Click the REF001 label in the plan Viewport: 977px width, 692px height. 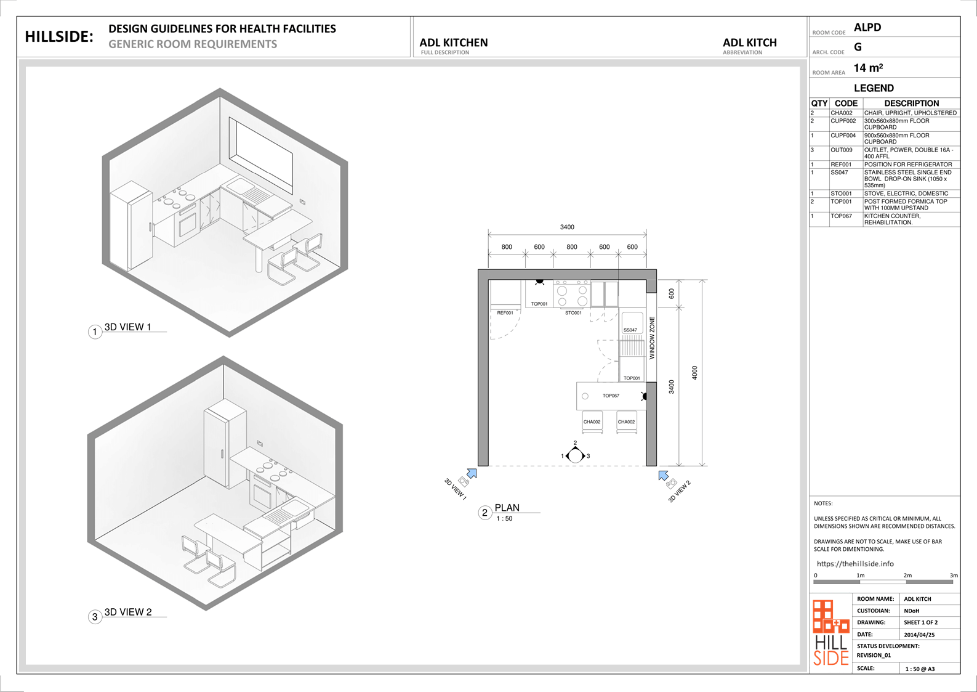[x=505, y=313]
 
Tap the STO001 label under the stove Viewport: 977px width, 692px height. [x=573, y=313]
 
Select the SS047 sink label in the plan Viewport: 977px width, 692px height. [x=630, y=330]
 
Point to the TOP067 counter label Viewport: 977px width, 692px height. [x=611, y=396]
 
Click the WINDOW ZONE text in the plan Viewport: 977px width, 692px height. [x=652, y=338]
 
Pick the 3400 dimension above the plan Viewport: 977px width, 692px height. [x=567, y=227]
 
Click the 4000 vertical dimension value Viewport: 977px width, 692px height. [x=694, y=372]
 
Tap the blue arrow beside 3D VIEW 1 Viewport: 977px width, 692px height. [x=472, y=473]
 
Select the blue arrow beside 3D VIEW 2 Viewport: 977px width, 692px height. [x=664, y=476]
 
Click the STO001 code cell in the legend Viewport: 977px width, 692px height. [x=841, y=193]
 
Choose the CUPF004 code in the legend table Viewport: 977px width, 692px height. [x=843, y=136]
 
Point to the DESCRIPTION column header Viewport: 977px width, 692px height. [x=912, y=104]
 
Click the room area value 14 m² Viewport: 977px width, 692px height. [x=868, y=68]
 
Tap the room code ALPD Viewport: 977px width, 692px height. [x=867, y=27]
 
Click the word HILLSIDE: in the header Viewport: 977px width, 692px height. [x=59, y=37]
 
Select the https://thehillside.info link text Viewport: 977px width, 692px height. [x=855, y=564]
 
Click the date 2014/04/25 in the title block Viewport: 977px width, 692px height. [x=919, y=635]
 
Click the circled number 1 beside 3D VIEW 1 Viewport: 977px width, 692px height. [x=95, y=332]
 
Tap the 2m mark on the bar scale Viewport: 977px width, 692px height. [x=907, y=576]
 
